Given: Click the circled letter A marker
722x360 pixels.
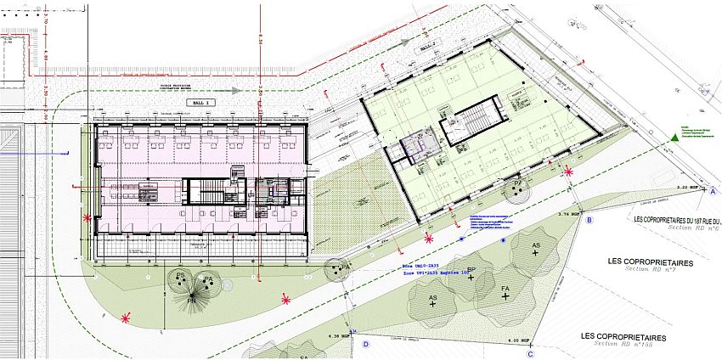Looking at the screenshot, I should [x=714, y=193].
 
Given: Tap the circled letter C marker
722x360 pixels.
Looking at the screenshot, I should [x=529, y=354].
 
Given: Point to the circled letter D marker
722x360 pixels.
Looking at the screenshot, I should [x=366, y=345].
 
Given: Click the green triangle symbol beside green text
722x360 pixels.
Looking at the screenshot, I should [x=671, y=136].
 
